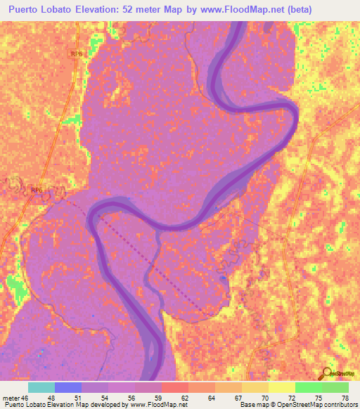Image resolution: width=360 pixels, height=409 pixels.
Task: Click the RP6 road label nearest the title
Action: [77, 53]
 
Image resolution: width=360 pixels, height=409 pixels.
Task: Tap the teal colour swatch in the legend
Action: [41, 387]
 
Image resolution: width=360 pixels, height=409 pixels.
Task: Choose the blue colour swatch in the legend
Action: [68, 387]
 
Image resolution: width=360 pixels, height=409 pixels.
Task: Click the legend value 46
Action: [26, 398]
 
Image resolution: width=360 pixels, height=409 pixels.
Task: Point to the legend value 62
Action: [184, 398]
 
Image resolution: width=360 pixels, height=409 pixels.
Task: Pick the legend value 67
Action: [238, 398]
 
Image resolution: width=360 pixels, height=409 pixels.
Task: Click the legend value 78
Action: [344, 398]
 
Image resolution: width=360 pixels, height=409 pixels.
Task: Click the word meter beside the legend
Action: [12, 398]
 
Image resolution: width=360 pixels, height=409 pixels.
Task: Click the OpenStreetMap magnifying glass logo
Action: [328, 372]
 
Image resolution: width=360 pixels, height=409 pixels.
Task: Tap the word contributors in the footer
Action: [337, 405]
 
